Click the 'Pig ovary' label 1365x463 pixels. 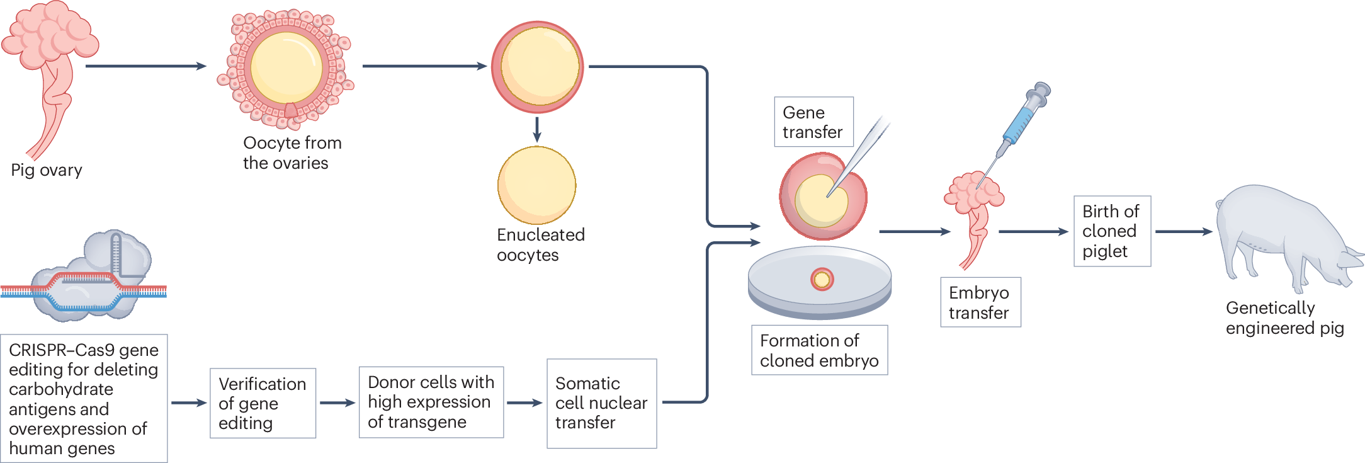pyautogui.click(x=47, y=170)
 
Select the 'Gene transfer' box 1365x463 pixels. pyautogui.click(x=813, y=122)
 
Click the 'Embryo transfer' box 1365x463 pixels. pyautogui.click(x=980, y=302)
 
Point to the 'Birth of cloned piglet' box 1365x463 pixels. pyautogui.click(x=1111, y=231)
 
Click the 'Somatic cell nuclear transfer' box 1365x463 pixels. pyautogui.click(x=601, y=403)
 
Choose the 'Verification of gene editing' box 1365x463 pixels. pyautogui.click(x=263, y=403)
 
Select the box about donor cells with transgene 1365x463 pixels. pyautogui.click(x=431, y=402)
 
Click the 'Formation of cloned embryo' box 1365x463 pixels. pyautogui.click(x=819, y=350)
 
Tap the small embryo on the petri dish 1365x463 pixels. pyautogui.click(x=822, y=279)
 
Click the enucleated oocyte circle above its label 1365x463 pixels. pyautogui.click(x=536, y=185)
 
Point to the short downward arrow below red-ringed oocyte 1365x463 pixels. pyautogui.click(x=536, y=130)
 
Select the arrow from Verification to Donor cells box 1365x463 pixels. pyautogui.click(x=337, y=403)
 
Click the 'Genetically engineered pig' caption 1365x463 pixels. pyautogui.click(x=1284, y=317)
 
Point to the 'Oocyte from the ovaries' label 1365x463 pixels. pyautogui.click(x=292, y=153)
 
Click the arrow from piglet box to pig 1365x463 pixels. pyautogui.click(x=1182, y=232)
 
